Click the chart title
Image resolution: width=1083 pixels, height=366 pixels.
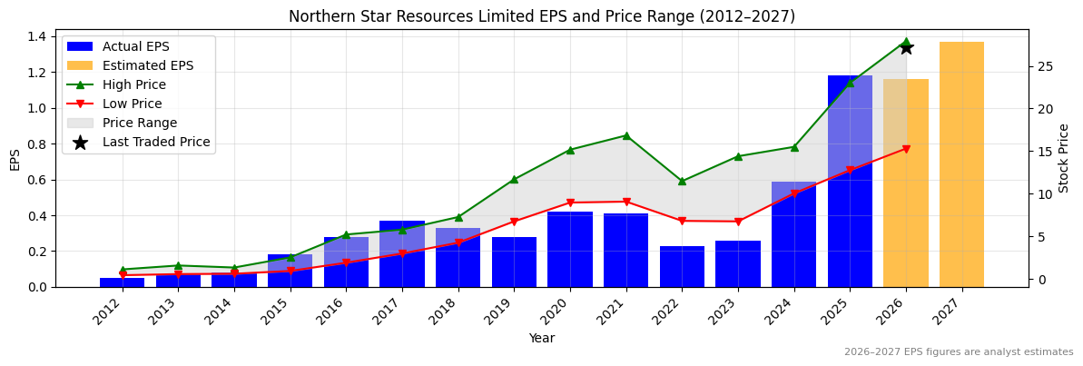[x=541, y=16]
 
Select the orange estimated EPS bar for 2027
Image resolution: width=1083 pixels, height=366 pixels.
[x=961, y=164]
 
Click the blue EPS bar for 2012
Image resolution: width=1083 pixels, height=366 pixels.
[x=123, y=282]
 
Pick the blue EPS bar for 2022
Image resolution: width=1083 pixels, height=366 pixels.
[x=682, y=266]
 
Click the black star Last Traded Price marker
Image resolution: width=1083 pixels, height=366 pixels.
[x=906, y=47]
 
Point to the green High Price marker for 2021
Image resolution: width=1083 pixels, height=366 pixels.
[x=626, y=135]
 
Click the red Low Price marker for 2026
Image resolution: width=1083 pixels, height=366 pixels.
[x=906, y=149]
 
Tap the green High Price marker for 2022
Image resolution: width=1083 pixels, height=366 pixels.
[x=682, y=182]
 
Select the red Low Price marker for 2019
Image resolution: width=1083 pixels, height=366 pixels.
[x=514, y=222]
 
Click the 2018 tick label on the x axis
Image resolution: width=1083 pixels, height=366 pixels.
[x=452, y=312]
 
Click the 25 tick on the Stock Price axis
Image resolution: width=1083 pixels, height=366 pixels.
[x=1044, y=66]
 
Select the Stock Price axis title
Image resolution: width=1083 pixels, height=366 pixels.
[x=1064, y=158]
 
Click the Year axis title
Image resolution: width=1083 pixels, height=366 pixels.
[x=541, y=338]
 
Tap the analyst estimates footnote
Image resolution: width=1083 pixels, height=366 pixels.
[x=958, y=352]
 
